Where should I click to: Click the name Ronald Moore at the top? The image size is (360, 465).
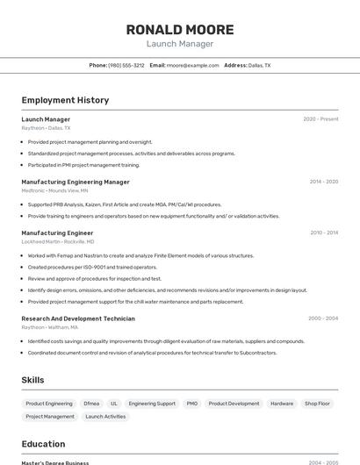[179, 29]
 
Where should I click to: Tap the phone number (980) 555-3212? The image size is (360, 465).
[126, 66]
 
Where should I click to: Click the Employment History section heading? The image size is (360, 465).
[65, 100]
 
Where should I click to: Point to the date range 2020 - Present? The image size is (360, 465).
[320, 119]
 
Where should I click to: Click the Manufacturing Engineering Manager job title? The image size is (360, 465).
[76, 182]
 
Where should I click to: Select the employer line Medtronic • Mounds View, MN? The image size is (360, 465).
[56, 190]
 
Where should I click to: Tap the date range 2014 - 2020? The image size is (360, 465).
[323, 182]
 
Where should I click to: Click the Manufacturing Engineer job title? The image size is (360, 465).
[57, 233]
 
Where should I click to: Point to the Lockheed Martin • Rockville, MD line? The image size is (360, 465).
[58, 241]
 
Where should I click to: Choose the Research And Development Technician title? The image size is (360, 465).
[78, 318]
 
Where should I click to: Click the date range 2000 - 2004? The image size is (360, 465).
[323, 318]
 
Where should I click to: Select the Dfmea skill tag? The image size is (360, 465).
[91, 404]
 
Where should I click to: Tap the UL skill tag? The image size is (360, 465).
[114, 404]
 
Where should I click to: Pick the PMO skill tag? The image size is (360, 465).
[192, 404]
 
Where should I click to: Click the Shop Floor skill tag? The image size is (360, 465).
[317, 404]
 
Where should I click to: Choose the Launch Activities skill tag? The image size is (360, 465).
[105, 417]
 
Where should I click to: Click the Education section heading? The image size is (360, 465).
[43, 444]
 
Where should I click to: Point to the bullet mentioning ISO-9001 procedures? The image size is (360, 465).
[92, 267]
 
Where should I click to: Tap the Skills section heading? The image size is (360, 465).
[33, 379]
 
